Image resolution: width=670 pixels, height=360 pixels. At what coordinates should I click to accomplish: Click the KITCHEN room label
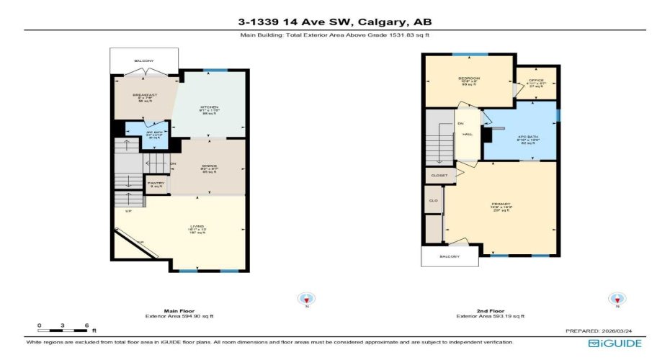pyautogui.click(x=209, y=107)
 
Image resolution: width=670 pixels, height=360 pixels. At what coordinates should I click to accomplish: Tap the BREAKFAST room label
pyautogui.click(x=145, y=95)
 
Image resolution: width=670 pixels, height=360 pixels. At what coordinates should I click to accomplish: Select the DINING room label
pyautogui.click(x=210, y=166)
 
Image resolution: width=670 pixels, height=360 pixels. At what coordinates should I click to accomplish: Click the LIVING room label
pyautogui.click(x=197, y=227)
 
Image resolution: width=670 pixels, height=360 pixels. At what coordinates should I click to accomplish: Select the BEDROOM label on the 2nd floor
pyautogui.click(x=469, y=78)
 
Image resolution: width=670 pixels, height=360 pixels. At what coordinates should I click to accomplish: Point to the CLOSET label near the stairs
pyautogui.click(x=439, y=176)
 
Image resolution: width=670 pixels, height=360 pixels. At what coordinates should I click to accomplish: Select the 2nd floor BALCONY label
pyautogui.click(x=450, y=256)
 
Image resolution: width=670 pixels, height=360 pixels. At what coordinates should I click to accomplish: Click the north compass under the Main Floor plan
pyautogui.click(x=308, y=299)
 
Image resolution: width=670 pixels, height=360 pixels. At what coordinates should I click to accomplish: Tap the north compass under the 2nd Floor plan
pyautogui.click(x=616, y=299)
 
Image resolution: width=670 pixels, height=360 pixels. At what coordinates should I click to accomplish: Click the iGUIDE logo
pyautogui.click(x=615, y=343)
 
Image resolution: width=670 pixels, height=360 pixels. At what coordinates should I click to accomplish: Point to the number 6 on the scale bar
pyautogui.click(x=86, y=326)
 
